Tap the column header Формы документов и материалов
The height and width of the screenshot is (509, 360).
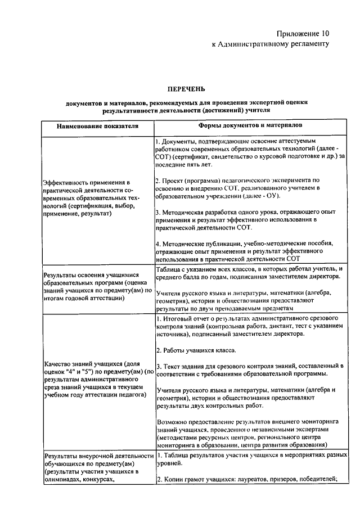pyautogui.click(x=250, y=125)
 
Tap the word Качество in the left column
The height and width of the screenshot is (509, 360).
pyautogui.click(x=57, y=363)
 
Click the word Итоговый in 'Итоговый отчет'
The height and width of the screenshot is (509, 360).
pyautogui.click(x=177, y=319)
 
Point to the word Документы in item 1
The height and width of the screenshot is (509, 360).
pyautogui.click(x=182, y=139)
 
